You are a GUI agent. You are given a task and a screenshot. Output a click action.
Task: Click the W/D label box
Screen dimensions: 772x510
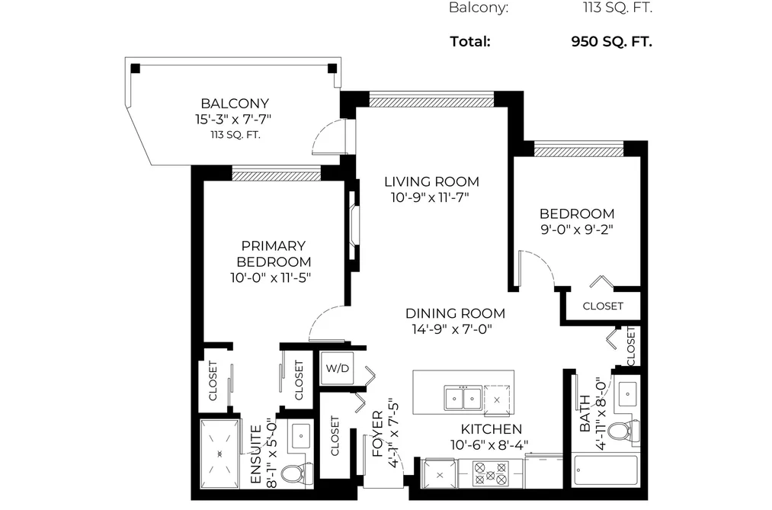pyautogui.click(x=338, y=368)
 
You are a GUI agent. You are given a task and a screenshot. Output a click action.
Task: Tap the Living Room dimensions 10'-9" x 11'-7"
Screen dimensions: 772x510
pyautogui.click(x=430, y=198)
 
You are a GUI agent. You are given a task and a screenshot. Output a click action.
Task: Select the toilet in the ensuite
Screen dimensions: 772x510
pyautogui.click(x=296, y=474)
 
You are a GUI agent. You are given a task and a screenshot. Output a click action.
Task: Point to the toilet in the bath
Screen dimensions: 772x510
pyautogui.click(x=623, y=431)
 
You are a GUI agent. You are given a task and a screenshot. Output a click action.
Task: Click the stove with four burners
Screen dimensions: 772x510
pyautogui.click(x=490, y=473)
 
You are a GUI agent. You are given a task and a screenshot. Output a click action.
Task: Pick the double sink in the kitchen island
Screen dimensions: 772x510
pyautogui.click(x=463, y=398)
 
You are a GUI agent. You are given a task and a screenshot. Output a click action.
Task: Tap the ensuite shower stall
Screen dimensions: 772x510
pyautogui.click(x=220, y=454)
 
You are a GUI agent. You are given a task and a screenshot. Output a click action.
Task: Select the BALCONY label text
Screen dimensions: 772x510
pyautogui.click(x=235, y=104)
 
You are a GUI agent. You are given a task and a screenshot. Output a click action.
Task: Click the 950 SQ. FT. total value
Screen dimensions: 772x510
pyautogui.click(x=611, y=41)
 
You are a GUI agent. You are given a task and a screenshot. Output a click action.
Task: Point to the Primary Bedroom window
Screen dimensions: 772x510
pyautogui.click(x=276, y=175)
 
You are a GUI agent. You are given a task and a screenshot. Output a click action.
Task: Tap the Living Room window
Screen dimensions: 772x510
pyautogui.click(x=431, y=101)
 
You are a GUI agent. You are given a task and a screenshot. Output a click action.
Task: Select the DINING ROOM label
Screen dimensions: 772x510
pyautogui.click(x=455, y=313)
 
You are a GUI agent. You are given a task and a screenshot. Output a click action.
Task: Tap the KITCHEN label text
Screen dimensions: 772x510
pyautogui.click(x=492, y=429)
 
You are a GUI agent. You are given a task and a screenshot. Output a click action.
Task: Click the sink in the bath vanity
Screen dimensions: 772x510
pyautogui.click(x=628, y=394)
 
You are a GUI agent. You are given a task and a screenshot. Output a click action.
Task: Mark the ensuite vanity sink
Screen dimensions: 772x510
pyautogui.click(x=301, y=435)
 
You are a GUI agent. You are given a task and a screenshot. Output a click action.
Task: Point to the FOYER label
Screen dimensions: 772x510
pyautogui.click(x=378, y=434)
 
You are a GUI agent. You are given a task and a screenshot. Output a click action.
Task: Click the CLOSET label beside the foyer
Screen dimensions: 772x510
pyautogui.click(x=335, y=436)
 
